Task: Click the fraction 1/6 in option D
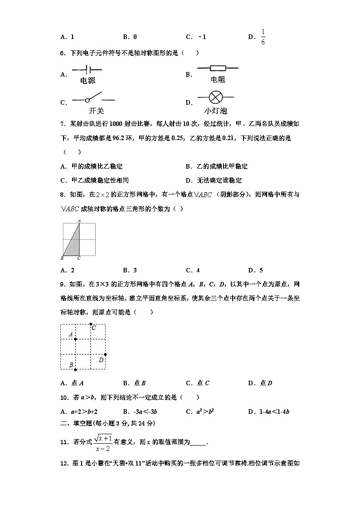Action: pos(263,37)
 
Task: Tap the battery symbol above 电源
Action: pos(87,70)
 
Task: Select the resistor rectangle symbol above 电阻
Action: pos(218,68)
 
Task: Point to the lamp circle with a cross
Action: pos(215,97)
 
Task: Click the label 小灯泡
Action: pos(215,111)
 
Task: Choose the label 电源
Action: pos(88,81)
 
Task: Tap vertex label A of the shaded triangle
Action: pos(79,220)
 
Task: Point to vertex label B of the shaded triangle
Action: pos(62,258)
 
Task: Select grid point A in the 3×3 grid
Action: pos(75,339)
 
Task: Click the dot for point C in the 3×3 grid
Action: pos(91,324)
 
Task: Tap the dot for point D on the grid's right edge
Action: pos(106,354)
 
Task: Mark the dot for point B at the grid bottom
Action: pos(75,370)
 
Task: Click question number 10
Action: pos(64,398)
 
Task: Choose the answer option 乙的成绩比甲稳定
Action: pos(217,166)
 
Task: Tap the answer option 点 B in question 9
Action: pos(134,383)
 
